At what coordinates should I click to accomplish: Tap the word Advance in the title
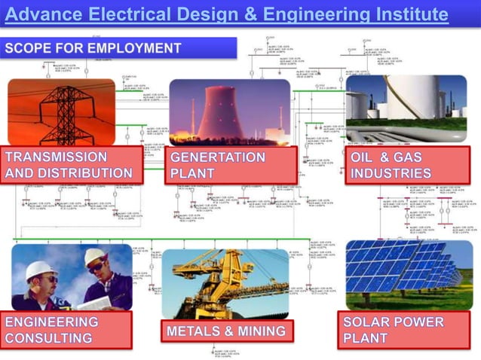[x=48, y=14]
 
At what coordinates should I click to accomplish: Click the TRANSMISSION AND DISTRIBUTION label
[x=69, y=165]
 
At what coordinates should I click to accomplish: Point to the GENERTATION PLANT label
[x=218, y=165]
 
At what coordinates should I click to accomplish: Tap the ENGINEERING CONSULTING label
[x=52, y=330]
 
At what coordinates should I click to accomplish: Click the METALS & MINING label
[x=226, y=331]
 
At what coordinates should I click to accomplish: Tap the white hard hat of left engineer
[x=41, y=270]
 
